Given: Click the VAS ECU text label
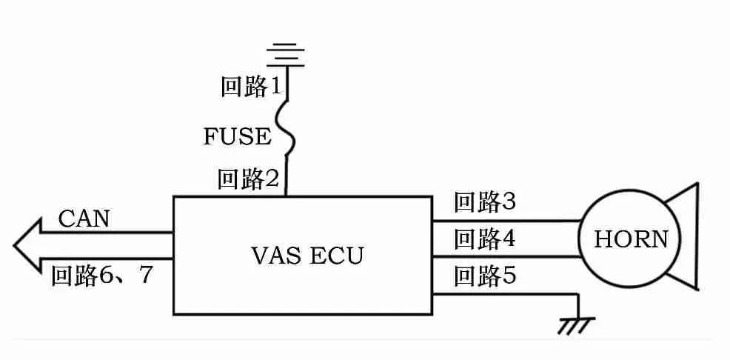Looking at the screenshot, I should [306, 256].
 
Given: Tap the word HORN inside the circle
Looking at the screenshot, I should [631, 239].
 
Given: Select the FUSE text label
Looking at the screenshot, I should [238, 137].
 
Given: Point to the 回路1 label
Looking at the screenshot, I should [252, 87].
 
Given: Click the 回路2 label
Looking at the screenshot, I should [248, 179].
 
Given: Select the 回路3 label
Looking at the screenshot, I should [485, 202].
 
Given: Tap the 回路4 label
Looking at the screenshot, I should [485, 239].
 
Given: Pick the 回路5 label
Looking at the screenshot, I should [485, 276].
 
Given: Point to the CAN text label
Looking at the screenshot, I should [84, 219].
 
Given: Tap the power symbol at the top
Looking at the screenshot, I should [286, 54].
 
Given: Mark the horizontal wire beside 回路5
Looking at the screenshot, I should [503, 294].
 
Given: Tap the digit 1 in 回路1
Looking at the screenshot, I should [275, 87].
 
